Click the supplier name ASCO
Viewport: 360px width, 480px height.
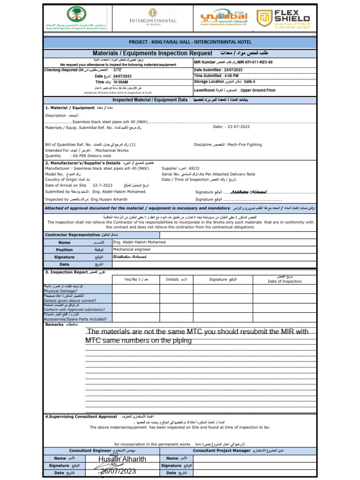click(194, 167)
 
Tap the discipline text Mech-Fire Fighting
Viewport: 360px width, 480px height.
click(247, 145)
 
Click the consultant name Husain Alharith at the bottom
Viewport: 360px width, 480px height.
click(122, 459)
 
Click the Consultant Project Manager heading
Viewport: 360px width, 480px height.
click(222, 450)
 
